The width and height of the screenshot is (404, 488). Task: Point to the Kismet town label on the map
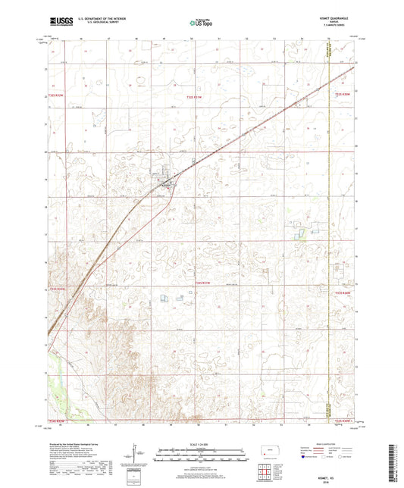(x=166, y=185)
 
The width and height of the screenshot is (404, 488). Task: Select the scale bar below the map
(x=202, y=457)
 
